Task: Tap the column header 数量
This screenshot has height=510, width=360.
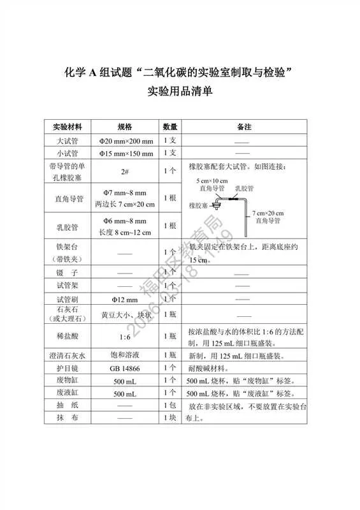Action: coord(170,127)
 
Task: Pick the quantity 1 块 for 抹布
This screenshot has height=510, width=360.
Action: coord(170,418)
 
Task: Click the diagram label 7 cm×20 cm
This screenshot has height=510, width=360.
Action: coord(266,213)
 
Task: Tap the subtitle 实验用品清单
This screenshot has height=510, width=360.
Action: coord(180,91)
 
